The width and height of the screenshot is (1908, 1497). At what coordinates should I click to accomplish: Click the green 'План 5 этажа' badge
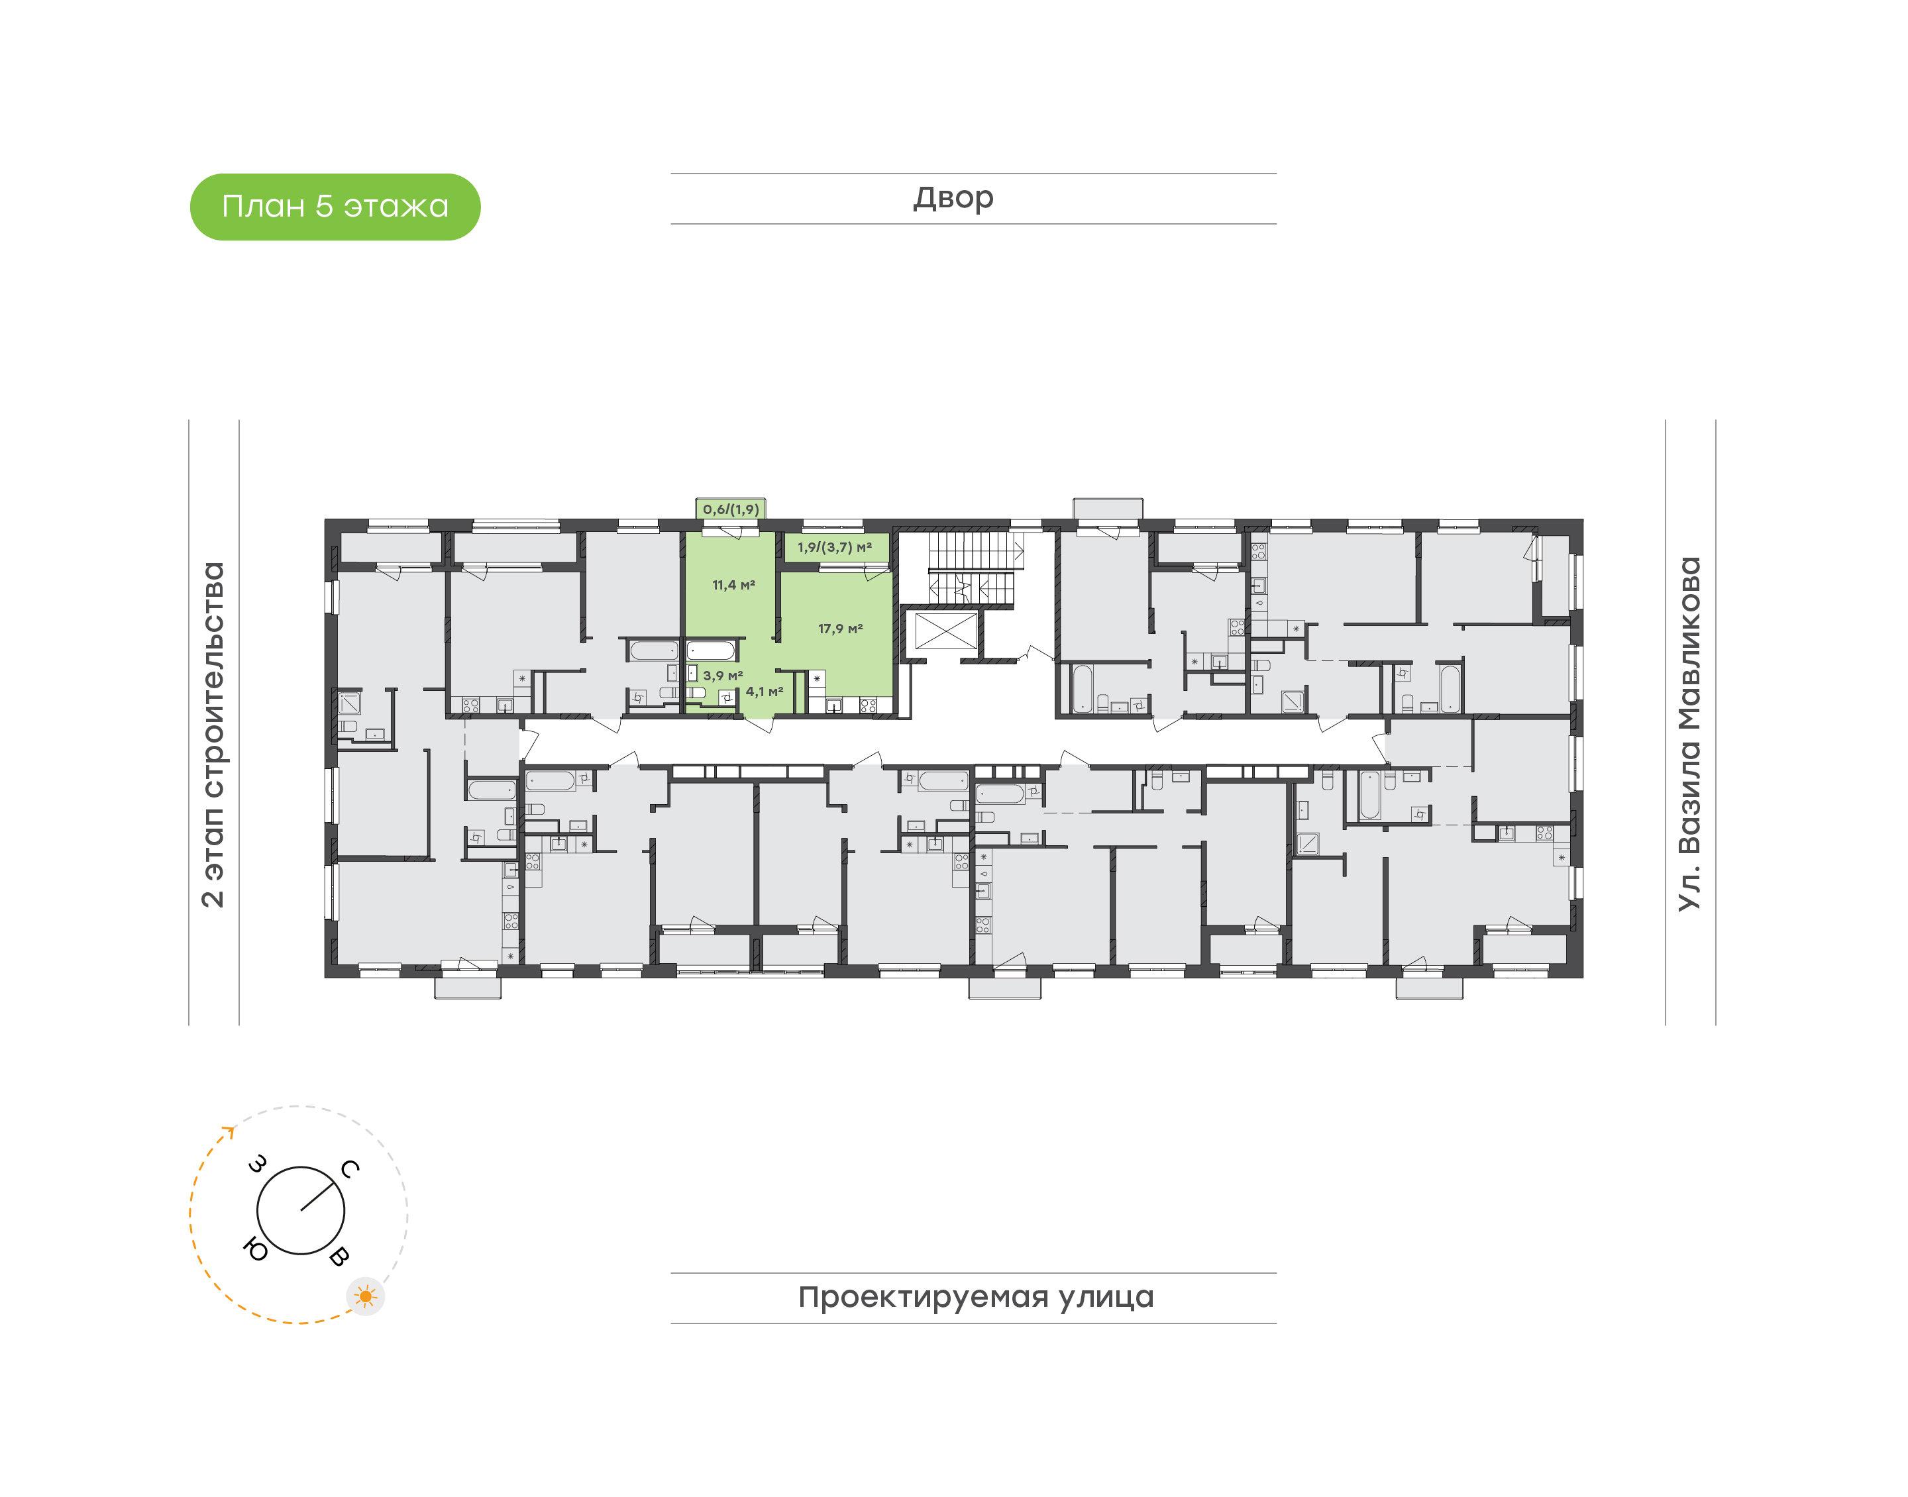pyautogui.click(x=335, y=207)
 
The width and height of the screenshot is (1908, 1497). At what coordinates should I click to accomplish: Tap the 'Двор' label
pyautogui.click(x=953, y=198)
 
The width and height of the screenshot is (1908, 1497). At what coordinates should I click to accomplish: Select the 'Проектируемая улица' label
pyautogui.click(x=975, y=1297)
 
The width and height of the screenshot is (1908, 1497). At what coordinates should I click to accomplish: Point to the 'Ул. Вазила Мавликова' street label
pyautogui.click(x=1689, y=734)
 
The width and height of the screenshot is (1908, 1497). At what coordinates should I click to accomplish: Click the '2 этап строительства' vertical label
pyautogui.click(x=213, y=735)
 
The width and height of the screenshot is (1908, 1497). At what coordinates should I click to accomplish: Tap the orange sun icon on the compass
pyautogui.click(x=366, y=1296)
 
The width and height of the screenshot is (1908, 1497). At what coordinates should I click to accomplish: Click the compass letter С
pyautogui.click(x=350, y=1168)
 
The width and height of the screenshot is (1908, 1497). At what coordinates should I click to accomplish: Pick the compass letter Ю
pyautogui.click(x=255, y=1249)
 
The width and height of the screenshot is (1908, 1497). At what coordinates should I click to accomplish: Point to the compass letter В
pyautogui.click(x=339, y=1256)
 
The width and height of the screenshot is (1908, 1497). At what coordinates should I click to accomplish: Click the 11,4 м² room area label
pyautogui.click(x=733, y=586)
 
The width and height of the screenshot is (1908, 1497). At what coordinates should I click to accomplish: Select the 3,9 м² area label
pyautogui.click(x=723, y=676)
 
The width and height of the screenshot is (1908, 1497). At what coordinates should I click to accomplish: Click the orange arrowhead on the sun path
pyautogui.click(x=230, y=1131)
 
